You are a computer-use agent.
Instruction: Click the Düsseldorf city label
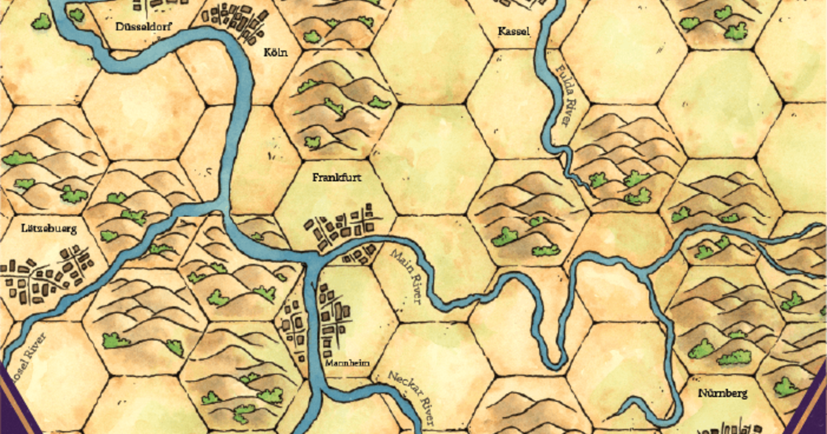143,27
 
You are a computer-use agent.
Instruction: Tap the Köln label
276,53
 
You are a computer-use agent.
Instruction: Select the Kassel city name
514,32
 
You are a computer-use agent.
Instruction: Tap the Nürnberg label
723,393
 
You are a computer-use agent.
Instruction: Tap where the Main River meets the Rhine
310,260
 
